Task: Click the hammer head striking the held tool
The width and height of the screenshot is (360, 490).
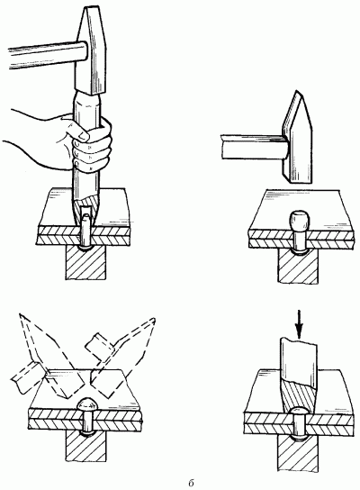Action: pos(90,50)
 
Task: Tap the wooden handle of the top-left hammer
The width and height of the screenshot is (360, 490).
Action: pos(47,55)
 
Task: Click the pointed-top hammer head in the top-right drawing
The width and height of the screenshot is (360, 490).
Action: pos(297,138)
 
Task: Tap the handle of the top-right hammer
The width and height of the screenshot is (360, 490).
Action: pos(254,146)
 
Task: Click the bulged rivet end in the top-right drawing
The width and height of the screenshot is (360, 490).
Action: pos(299,222)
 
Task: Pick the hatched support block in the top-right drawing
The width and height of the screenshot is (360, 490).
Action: pos(299,267)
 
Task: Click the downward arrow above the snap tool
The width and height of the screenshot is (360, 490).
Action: pos(299,324)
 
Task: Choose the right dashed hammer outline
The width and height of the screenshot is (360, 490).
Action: pos(121,359)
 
